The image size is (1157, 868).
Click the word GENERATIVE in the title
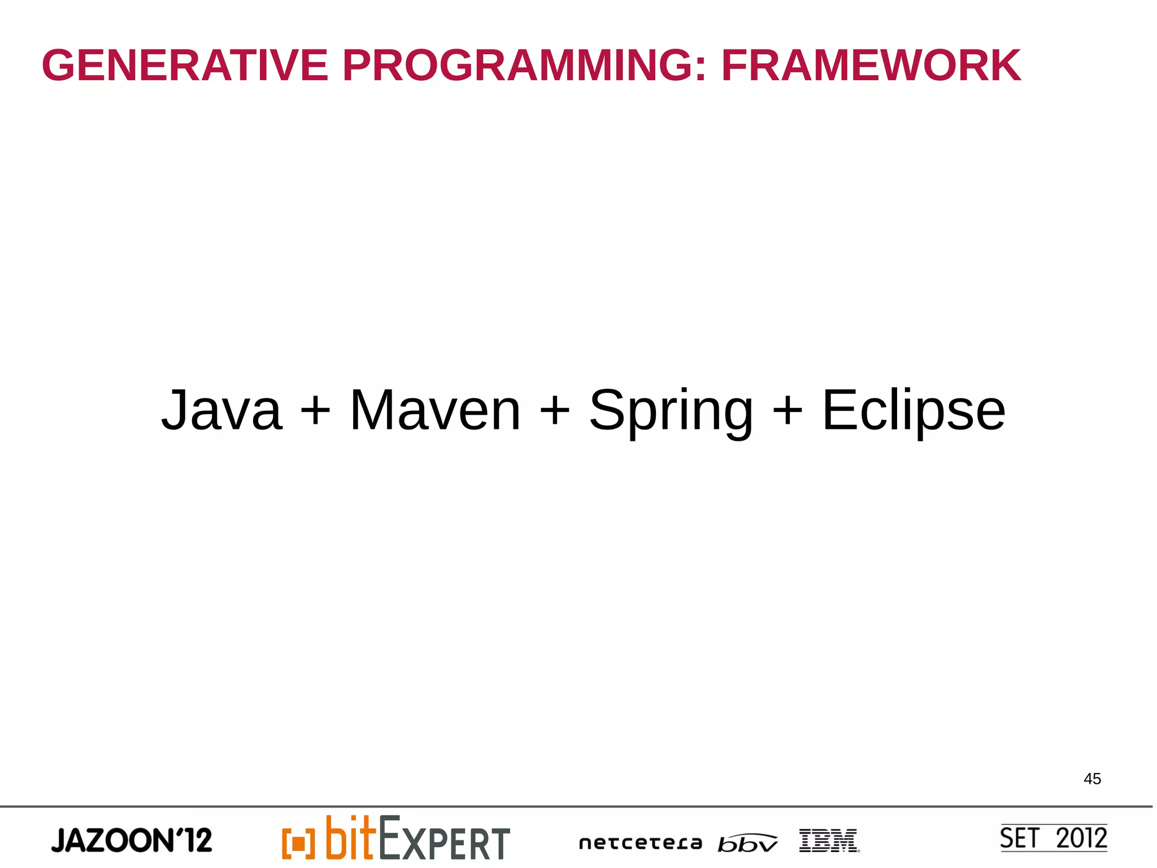point(185,66)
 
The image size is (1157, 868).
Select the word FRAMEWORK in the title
point(871,66)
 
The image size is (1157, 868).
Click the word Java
point(221,410)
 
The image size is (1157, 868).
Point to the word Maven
point(435,410)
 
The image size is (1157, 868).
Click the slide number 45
point(1092,779)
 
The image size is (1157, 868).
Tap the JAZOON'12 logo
point(132,840)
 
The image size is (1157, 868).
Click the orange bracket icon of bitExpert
point(298,843)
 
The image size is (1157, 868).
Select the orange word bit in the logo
point(350,837)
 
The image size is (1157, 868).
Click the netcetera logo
point(640,843)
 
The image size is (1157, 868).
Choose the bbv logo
point(747,843)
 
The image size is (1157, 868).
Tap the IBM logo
point(828,840)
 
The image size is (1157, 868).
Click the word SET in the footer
point(1019,838)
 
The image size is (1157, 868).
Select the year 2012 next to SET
point(1081,838)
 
